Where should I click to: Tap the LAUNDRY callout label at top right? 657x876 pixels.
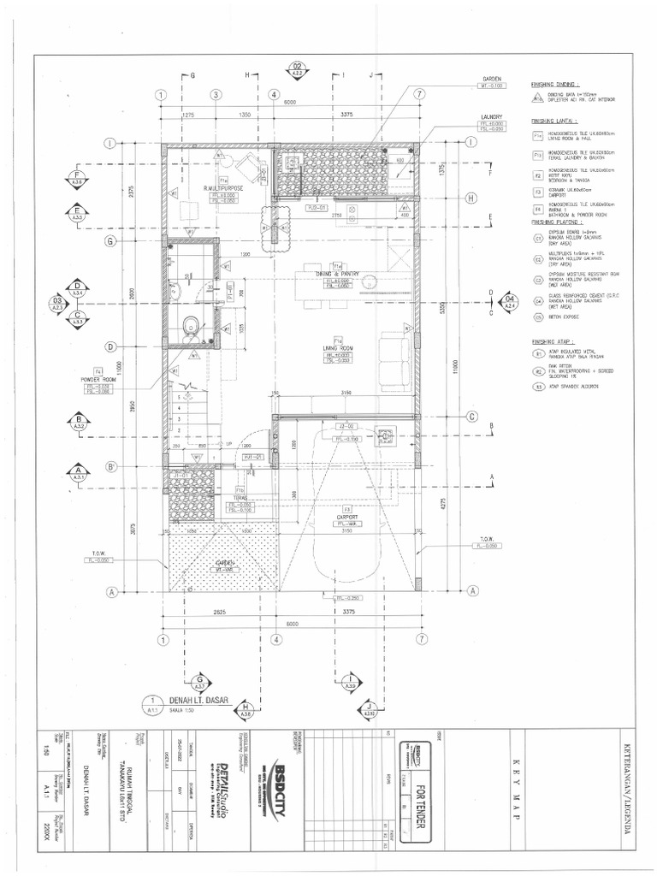[491, 116]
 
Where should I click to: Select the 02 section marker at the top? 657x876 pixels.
[298, 68]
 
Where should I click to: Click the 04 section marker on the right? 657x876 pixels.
[511, 300]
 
